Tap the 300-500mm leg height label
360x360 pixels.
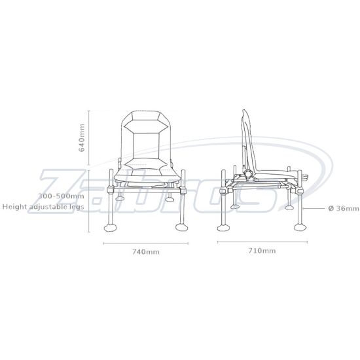coord(61,196)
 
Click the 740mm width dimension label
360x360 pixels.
coord(146,251)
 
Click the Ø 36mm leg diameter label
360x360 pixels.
coord(343,209)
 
